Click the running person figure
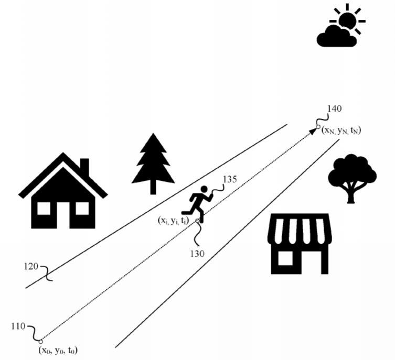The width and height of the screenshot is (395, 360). click(x=201, y=202)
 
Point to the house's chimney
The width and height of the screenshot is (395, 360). click(x=84, y=167)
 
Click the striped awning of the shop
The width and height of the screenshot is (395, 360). click(x=300, y=231)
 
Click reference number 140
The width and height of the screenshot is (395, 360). click(x=334, y=109)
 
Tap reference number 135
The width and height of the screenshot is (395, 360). click(x=230, y=179)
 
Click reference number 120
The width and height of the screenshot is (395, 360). click(x=31, y=267)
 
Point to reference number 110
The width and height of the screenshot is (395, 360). click(x=17, y=326)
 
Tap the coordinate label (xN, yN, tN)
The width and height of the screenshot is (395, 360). click(x=341, y=129)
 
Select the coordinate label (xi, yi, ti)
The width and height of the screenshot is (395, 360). click(x=174, y=221)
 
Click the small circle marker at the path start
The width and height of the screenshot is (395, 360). click(x=41, y=341)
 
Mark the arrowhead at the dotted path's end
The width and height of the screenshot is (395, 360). click(x=313, y=130)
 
